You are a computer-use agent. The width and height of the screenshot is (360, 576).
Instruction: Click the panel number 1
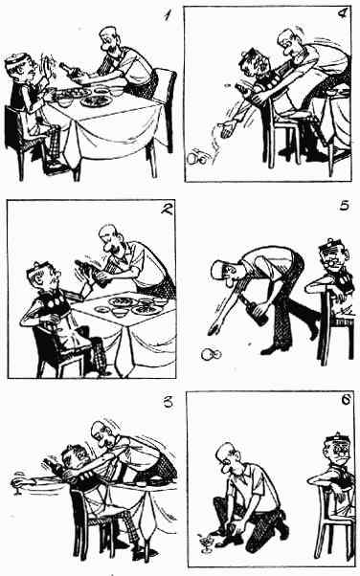point(168,15)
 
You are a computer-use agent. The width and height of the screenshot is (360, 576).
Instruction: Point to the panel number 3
point(168,402)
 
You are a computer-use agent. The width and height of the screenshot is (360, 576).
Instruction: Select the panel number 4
point(342,13)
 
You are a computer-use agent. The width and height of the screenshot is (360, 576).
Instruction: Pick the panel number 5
point(344,206)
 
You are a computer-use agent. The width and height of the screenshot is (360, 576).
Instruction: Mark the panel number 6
point(346,400)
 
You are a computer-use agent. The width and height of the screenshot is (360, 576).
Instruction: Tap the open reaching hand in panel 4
point(227,130)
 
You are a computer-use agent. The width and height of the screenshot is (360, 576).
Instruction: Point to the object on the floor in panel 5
point(211,354)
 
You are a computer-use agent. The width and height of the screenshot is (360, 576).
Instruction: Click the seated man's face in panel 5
point(337,260)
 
